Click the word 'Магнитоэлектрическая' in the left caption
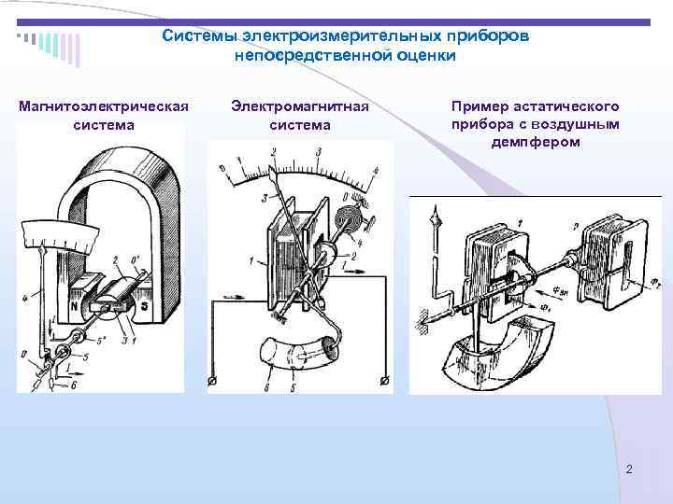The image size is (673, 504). tap(104, 107)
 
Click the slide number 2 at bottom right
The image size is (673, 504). tap(629, 469)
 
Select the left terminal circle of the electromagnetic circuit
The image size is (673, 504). tap(213, 380)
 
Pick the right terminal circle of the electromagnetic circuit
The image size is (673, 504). tap(384, 380)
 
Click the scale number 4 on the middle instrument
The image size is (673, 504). tap(375, 171)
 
